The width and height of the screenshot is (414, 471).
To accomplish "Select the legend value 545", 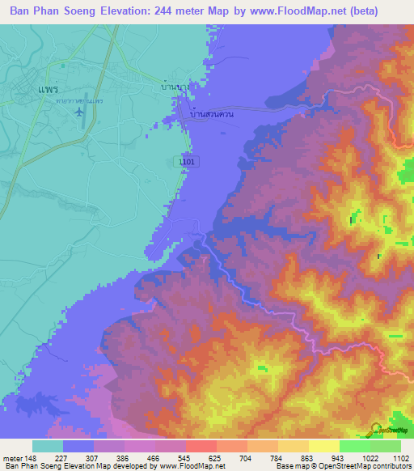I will click(x=169, y=457).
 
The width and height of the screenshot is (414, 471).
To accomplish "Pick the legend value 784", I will click(x=262, y=457).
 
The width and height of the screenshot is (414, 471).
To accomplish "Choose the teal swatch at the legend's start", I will click(x=48, y=446).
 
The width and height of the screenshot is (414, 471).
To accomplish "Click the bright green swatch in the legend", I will click(x=355, y=446).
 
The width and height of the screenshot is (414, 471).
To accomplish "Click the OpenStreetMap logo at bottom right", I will click(x=391, y=432).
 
